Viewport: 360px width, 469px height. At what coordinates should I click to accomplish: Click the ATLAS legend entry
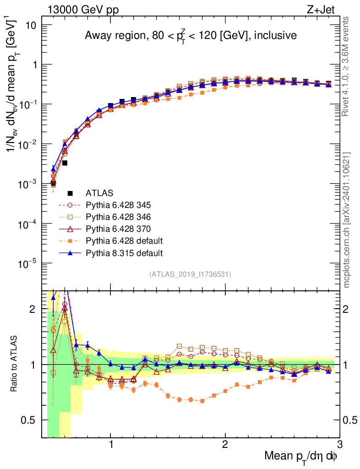coord(99,193)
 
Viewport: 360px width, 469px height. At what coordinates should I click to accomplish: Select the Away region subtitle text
coord(191,36)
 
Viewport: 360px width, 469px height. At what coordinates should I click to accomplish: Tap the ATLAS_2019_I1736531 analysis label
coord(190,274)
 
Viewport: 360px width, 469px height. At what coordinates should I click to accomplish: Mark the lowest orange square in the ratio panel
coord(202,401)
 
